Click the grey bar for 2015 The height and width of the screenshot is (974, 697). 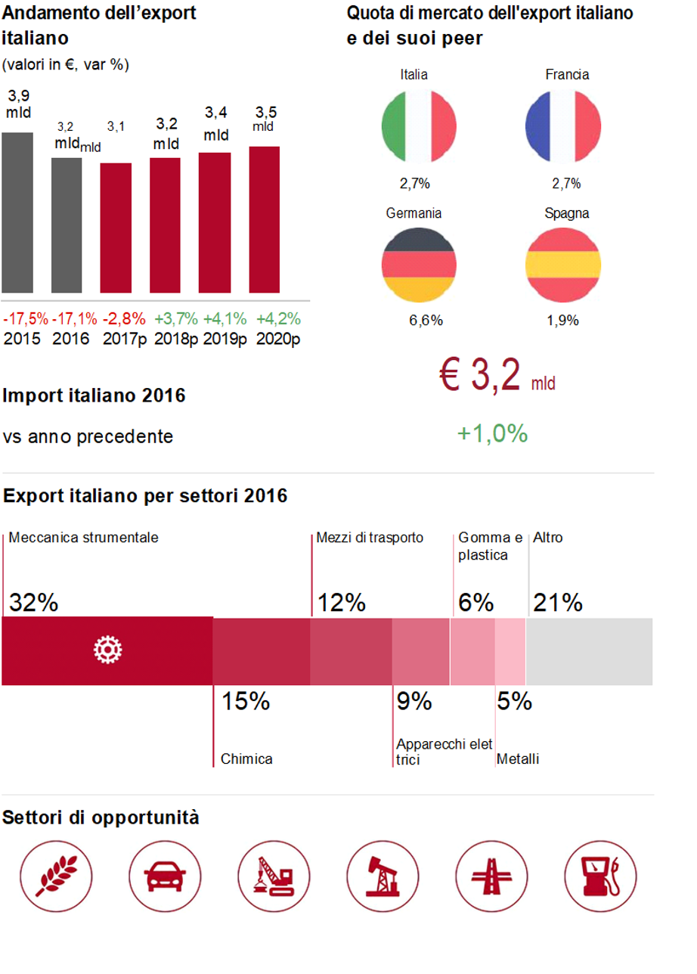(x=17, y=212)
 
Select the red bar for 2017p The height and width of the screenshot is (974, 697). (x=116, y=228)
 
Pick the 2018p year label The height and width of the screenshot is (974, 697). (x=176, y=339)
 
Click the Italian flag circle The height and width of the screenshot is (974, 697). (x=419, y=126)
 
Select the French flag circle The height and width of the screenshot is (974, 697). (x=562, y=126)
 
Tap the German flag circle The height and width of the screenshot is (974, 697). (x=419, y=265)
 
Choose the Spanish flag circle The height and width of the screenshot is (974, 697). (x=562, y=265)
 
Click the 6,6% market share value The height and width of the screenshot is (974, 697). (x=426, y=321)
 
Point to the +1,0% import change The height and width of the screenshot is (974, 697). (x=491, y=434)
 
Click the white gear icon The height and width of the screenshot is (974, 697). (x=108, y=650)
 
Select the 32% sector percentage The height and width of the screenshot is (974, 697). (x=33, y=603)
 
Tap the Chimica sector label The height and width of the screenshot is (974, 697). (x=246, y=759)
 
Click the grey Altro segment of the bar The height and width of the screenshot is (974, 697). (x=589, y=651)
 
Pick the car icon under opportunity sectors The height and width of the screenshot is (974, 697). (x=165, y=876)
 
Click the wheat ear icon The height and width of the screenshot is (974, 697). (x=55, y=876)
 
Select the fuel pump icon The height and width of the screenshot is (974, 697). (x=601, y=876)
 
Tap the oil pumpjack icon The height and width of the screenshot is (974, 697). (x=383, y=876)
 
